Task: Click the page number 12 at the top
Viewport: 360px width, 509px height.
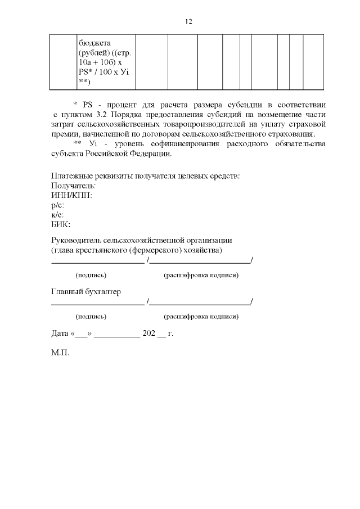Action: point(188,21)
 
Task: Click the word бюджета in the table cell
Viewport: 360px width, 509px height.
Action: point(95,42)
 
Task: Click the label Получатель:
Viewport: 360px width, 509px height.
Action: point(73,185)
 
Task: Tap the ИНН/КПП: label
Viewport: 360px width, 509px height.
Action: point(71,195)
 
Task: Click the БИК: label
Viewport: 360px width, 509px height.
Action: point(61,224)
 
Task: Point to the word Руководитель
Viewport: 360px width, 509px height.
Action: point(78,240)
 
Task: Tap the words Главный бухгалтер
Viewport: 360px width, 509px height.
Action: point(86,292)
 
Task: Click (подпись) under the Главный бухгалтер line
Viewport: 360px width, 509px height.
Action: point(91,317)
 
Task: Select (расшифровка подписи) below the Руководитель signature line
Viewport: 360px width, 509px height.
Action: point(201,275)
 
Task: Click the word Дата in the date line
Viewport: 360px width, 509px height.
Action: point(60,333)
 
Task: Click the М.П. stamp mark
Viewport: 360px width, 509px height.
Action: point(60,355)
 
